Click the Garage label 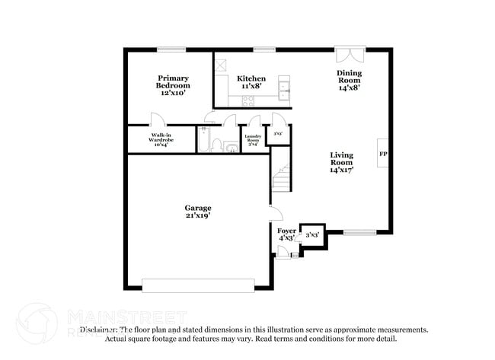pyautogui.click(x=197, y=208)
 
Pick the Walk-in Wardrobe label pyautogui.click(x=161, y=141)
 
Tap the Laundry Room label pyautogui.click(x=252, y=141)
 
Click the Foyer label pyautogui.click(x=286, y=231)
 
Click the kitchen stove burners pyautogui.click(x=248, y=99)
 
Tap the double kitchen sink pyautogui.click(x=284, y=87)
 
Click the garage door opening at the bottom pyautogui.click(x=198, y=285)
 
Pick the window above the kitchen pyautogui.click(x=264, y=50)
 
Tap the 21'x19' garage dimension pyautogui.click(x=197, y=216)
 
